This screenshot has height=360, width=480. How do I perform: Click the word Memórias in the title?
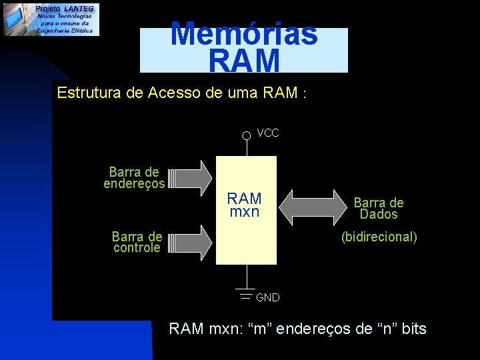[244, 33]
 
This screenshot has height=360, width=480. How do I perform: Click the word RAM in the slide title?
[244, 61]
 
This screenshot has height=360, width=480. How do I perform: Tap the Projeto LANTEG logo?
[51, 19]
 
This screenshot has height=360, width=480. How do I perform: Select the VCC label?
[268, 133]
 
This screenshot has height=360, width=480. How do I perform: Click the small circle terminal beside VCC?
[246, 135]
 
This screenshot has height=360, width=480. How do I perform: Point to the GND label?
[268, 297]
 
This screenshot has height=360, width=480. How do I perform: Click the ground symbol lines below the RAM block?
[246, 294]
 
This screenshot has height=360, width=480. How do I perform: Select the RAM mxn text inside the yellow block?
[245, 205]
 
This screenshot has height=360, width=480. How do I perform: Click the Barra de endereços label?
[134, 178]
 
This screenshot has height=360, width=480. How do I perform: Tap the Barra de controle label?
[137, 242]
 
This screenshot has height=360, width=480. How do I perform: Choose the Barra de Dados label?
[379, 209]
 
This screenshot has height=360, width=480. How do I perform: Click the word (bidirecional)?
[379, 237]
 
